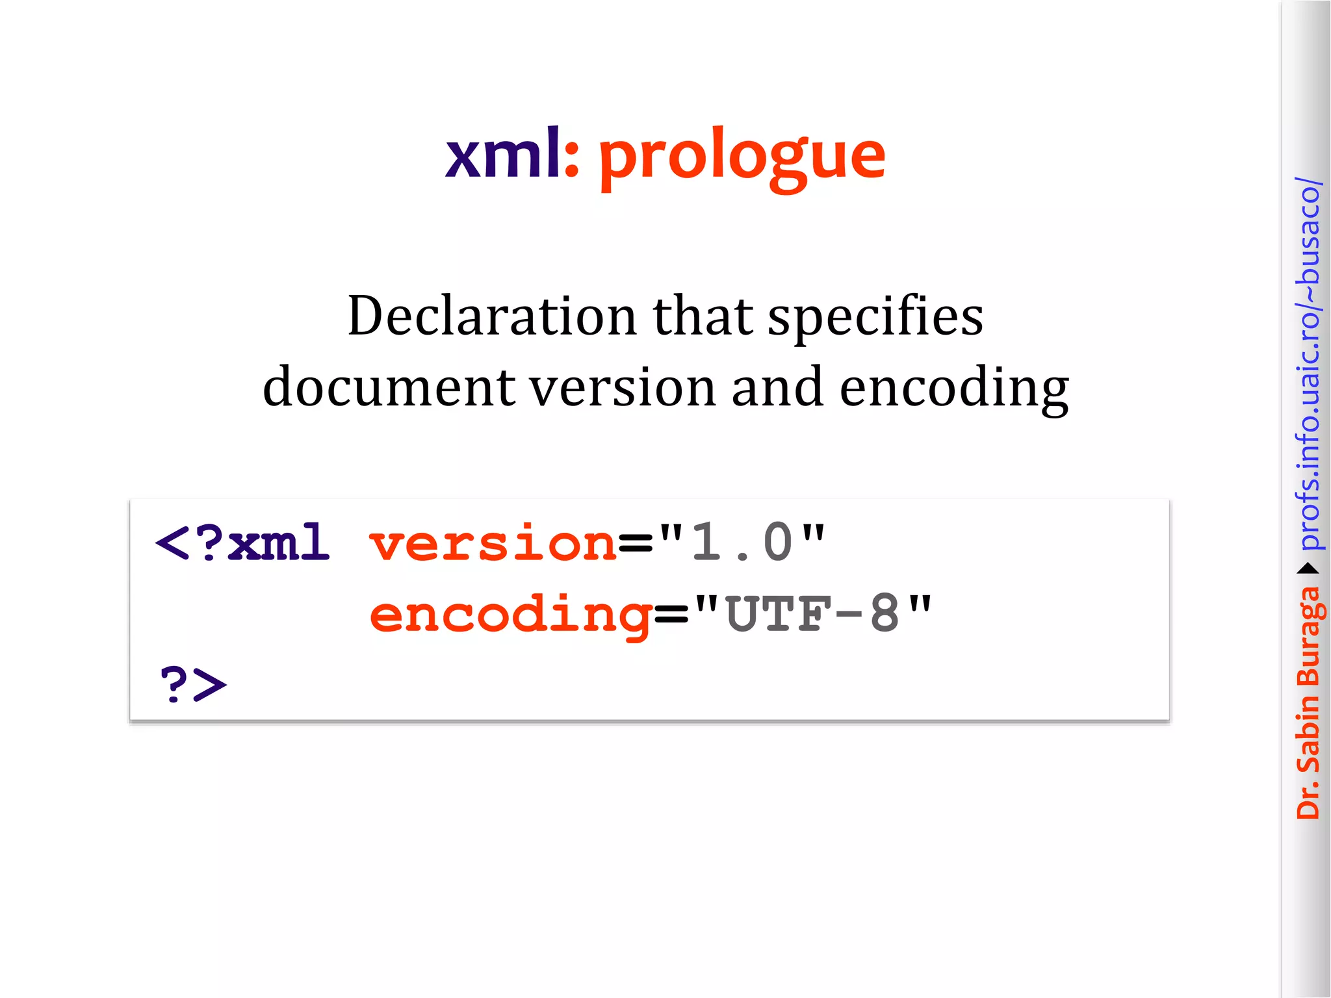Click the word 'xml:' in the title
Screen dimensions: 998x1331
pos(511,155)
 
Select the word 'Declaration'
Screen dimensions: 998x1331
pos(492,316)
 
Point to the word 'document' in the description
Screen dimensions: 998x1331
pos(389,388)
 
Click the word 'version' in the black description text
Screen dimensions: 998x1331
pos(623,388)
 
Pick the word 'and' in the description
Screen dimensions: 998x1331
pos(777,388)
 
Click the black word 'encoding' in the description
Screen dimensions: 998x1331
pos(953,388)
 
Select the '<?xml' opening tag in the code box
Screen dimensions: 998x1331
pos(242,543)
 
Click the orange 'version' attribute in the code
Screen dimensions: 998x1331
pos(493,544)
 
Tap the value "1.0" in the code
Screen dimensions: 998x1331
pos(742,543)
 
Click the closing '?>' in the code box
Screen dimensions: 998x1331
pos(193,684)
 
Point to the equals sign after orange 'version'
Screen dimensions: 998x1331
pos(635,544)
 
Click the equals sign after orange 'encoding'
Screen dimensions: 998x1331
pos(671,615)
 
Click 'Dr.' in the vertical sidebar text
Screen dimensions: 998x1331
pos(1308,803)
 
